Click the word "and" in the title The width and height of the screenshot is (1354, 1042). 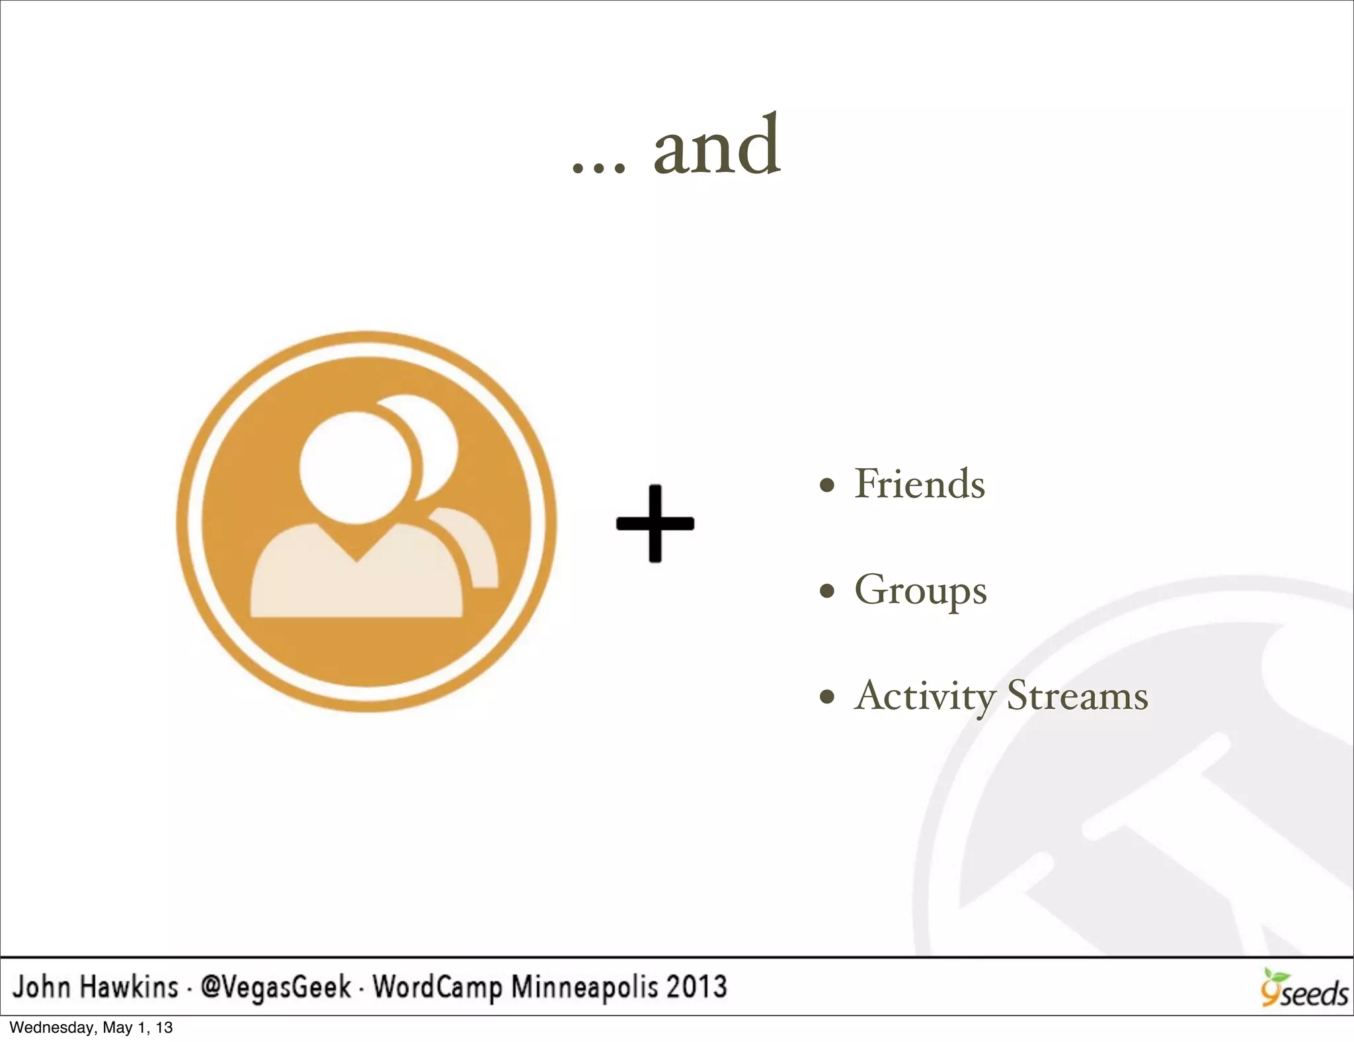point(717,147)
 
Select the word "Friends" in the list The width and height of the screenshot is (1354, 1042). point(920,484)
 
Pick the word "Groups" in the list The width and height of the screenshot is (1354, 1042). point(920,590)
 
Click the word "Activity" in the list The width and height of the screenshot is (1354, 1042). point(924,696)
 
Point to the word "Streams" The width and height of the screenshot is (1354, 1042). point(1077,696)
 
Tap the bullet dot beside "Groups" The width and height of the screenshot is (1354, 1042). point(826,591)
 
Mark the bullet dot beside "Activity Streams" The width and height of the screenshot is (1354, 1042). point(826,697)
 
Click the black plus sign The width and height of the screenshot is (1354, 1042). point(655,524)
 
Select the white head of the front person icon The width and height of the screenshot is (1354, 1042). point(354,467)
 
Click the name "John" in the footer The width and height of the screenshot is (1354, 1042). point(41,987)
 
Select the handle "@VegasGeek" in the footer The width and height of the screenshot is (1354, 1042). point(276,987)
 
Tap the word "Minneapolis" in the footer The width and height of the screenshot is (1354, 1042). point(584,987)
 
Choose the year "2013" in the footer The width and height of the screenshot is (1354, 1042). point(696,987)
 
